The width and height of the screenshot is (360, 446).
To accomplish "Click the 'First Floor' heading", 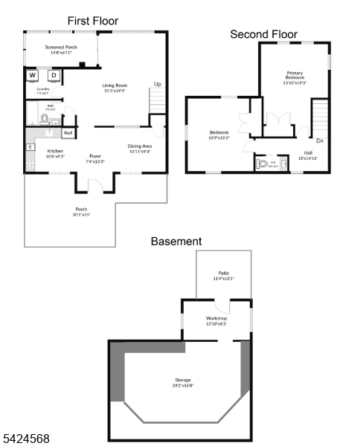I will [93, 21].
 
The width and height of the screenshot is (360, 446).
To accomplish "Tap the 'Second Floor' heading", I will [263, 34].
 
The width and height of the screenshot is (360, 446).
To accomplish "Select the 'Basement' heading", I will [176, 242].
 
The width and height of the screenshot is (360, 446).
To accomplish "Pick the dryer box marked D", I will [54, 75].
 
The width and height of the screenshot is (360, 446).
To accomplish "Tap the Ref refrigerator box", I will [68, 133].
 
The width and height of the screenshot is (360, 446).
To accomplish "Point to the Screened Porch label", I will [60, 50].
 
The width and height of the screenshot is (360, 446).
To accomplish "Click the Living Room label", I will [115, 87].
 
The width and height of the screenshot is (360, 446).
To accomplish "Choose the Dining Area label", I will [139, 149].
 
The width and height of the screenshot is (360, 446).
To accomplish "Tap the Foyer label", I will [95, 158].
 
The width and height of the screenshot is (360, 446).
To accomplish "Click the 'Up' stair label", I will [157, 84].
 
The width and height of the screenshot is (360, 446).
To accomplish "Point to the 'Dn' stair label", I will [319, 140].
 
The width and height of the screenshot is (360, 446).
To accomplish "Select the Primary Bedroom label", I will [295, 77].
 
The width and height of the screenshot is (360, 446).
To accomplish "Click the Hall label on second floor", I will [308, 155].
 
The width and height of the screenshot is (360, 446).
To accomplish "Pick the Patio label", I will [223, 276].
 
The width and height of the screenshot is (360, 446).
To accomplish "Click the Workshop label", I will [216, 320].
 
